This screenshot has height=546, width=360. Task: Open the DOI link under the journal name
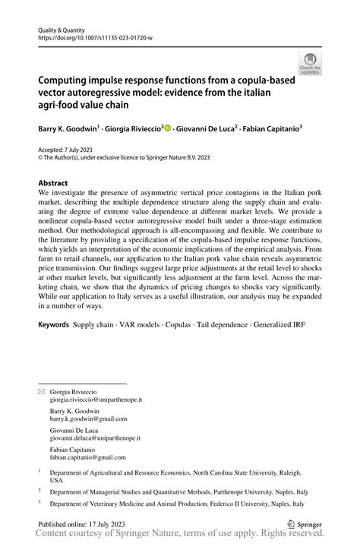pos(94,36)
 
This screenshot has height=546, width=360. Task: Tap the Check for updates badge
pos(310,65)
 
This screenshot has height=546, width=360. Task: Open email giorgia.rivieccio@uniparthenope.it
pos(96,398)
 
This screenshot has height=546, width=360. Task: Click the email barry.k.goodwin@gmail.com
pos(89,418)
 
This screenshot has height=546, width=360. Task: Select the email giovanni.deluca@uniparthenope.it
pos(96,438)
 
